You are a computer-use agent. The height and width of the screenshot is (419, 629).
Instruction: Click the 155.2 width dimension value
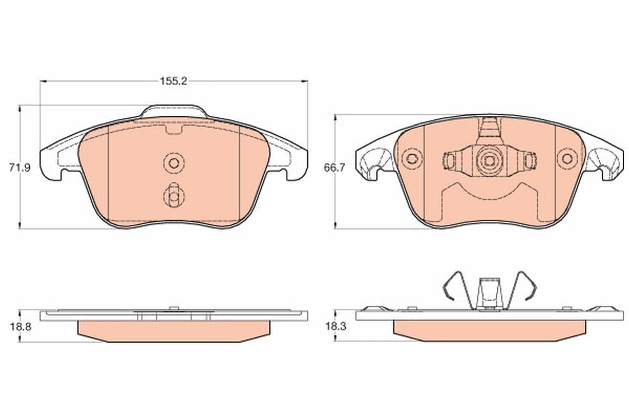(x=173, y=81)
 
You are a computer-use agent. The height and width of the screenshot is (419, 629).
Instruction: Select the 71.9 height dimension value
(x=20, y=168)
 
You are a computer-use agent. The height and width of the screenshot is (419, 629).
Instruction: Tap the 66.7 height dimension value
(x=334, y=168)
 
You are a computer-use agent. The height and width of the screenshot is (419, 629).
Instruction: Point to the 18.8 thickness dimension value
(x=21, y=327)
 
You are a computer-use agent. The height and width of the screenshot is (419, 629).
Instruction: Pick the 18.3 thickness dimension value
(x=336, y=326)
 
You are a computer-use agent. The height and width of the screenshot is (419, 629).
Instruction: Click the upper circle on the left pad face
(x=174, y=163)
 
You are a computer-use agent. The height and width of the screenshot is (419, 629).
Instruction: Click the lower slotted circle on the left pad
(x=174, y=195)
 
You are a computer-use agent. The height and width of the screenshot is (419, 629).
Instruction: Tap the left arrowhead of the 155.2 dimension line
(x=44, y=81)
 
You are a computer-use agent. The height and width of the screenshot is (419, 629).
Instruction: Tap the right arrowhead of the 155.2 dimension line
(x=304, y=81)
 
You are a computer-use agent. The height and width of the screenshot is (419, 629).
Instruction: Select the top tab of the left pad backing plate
(x=174, y=111)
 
